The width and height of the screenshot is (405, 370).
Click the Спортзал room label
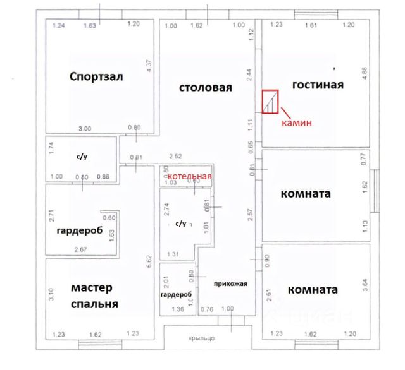(x=96, y=77)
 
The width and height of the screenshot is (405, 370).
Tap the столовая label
(x=206, y=88)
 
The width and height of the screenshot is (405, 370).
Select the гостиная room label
(x=318, y=85)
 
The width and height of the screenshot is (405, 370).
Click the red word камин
(x=297, y=124)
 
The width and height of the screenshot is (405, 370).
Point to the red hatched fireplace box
(x=271, y=102)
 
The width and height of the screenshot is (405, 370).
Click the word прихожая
(x=230, y=283)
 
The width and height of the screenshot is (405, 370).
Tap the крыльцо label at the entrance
(x=202, y=338)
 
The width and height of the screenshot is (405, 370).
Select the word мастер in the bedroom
(x=92, y=288)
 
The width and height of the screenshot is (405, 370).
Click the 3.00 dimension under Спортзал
(x=84, y=129)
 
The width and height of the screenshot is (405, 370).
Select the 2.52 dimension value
(x=175, y=157)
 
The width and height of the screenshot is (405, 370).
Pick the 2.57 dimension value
(x=251, y=215)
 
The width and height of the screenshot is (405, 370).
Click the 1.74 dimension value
(x=51, y=149)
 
